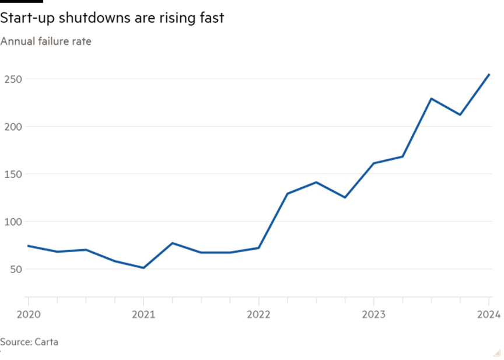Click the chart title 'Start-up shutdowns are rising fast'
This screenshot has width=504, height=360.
(112, 19)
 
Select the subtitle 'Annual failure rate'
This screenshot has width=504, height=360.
(45, 41)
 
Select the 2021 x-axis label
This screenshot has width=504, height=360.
(143, 314)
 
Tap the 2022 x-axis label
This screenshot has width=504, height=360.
(258, 314)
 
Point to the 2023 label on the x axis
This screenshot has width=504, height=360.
(373, 314)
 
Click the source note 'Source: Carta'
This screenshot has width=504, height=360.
(29, 342)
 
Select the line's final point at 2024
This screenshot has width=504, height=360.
(489, 75)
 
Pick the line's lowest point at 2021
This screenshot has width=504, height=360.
(143, 268)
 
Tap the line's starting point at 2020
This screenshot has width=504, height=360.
(28, 246)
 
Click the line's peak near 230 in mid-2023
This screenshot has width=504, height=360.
(431, 99)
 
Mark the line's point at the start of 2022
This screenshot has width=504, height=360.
(258, 248)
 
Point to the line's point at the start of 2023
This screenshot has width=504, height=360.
(373, 163)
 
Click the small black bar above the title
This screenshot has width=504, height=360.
(22, 2)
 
